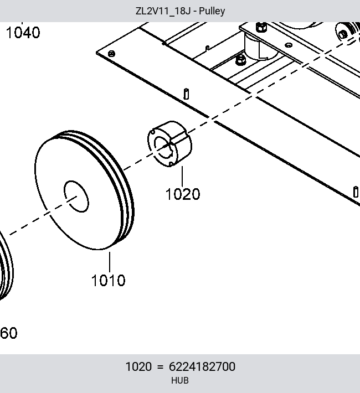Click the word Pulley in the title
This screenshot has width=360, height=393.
coord(212,11)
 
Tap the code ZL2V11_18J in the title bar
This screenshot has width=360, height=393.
coord(163,11)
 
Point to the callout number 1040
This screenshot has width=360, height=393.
coord(23,33)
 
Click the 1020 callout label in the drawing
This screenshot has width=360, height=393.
coord(183,194)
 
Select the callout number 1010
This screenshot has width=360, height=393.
coord(109,281)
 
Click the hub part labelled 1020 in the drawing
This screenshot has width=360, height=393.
coord(170,143)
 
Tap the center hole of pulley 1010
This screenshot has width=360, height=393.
coord(76,196)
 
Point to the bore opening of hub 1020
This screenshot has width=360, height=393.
coord(163,147)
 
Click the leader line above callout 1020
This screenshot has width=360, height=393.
coord(182,177)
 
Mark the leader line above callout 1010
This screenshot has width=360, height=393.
coord(110,262)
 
